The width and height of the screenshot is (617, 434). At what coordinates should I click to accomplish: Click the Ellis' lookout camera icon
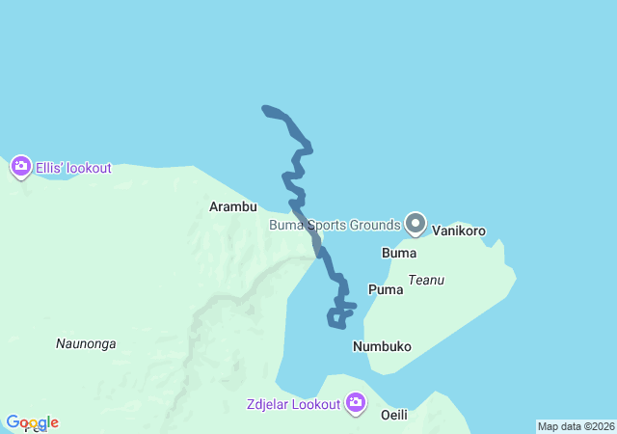pyautogui.click(x=20, y=167)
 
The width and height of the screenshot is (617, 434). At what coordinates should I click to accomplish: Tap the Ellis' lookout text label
pyautogui.click(x=73, y=168)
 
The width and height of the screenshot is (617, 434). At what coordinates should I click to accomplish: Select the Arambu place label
pyautogui.click(x=233, y=206)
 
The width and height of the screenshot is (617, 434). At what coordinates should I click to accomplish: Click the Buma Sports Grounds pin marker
pyautogui.click(x=416, y=224)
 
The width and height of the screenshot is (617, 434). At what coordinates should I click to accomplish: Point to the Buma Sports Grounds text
pyautogui.click(x=334, y=226)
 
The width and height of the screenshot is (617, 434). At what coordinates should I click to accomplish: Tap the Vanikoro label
pyautogui.click(x=459, y=231)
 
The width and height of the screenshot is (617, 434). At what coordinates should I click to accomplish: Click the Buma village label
pyautogui.click(x=399, y=254)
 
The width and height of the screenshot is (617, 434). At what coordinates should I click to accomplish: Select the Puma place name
pyautogui.click(x=386, y=289)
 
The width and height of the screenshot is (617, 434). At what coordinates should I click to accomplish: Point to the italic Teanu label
pyautogui.click(x=426, y=281)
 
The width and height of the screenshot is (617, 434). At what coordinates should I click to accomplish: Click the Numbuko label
pyautogui.click(x=382, y=346)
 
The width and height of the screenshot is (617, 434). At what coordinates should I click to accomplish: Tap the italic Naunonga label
pyautogui.click(x=86, y=343)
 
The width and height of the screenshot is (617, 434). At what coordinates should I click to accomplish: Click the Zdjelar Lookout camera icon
pyautogui.click(x=356, y=402)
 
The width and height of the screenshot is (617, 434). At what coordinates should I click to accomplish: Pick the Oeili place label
pyautogui.click(x=395, y=415)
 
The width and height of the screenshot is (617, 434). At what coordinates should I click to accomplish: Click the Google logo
pyautogui.click(x=32, y=422)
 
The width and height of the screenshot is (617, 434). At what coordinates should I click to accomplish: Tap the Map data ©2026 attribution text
pyautogui.click(x=575, y=426)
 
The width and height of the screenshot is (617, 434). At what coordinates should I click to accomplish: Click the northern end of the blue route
pyautogui.click(x=265, y=108)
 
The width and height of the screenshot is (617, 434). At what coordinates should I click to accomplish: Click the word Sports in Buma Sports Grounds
pyautogui.click(x=330, y=226)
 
